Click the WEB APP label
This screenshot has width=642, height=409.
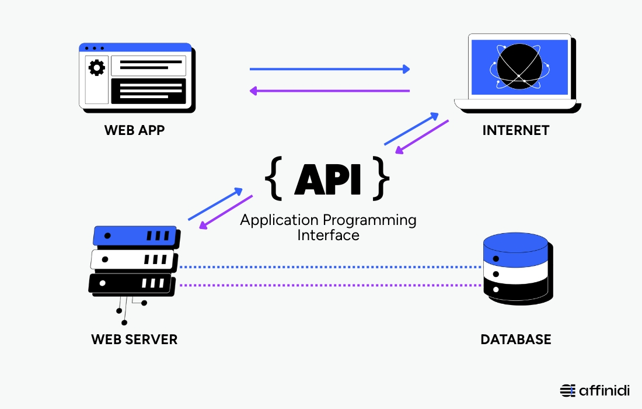point(134,130)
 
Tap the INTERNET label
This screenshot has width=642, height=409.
point(516,130)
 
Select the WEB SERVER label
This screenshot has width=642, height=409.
point(134,339)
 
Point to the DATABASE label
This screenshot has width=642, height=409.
point(516,339)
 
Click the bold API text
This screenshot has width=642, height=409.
point(327,179)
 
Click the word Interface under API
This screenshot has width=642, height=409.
point(328,235)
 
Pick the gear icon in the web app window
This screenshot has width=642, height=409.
point(96,68)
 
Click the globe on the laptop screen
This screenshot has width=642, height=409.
point(519,67)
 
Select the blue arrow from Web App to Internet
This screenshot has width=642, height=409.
point(330,69)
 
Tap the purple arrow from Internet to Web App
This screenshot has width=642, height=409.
point(330,91)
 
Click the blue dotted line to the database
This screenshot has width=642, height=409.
point(330,267)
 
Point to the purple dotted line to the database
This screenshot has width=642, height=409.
point(330,285)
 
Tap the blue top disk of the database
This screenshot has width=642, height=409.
point(515,248)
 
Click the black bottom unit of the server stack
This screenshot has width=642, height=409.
point(131,283)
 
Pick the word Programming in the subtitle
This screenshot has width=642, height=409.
point(369,220)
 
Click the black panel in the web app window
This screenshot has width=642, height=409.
point(148,91)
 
